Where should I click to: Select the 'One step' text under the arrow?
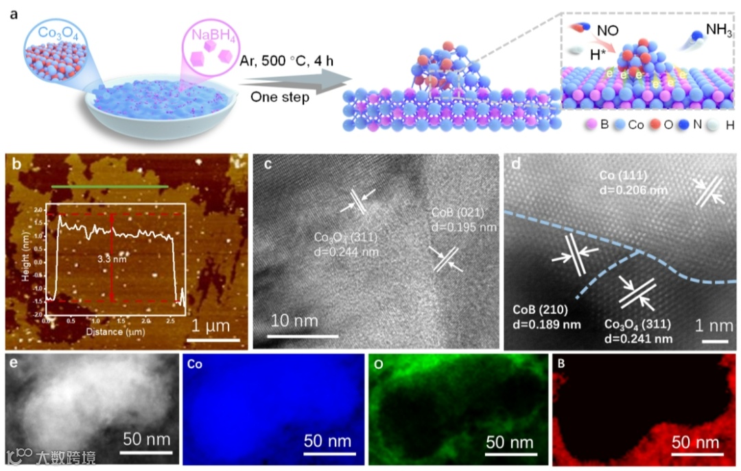[x=279, y=97]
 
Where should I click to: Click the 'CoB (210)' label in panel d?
[x=541, y=308]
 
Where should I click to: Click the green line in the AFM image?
[x=110, y=186]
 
